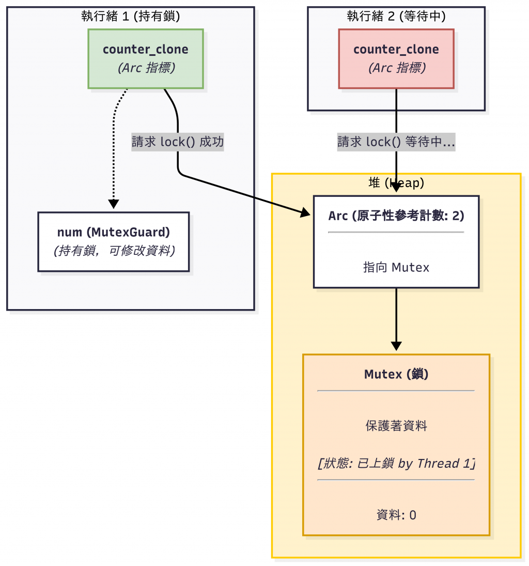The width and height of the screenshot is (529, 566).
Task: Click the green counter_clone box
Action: (146, 58)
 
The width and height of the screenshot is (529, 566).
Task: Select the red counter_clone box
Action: (396, 58)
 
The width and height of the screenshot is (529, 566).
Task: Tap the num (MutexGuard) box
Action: (114, 241)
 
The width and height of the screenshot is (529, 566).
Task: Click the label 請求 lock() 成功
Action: (178, 142)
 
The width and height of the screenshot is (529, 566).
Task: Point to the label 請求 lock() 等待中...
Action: (396, 142)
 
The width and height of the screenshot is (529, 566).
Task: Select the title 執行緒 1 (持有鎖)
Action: (131, 16)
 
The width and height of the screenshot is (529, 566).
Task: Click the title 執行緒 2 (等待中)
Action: (396, 16)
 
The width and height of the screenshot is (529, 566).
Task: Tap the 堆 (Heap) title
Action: (396, 182)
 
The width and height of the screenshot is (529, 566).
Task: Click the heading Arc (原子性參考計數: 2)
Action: (396, 216)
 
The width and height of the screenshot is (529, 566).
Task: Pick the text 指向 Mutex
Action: (396, 267)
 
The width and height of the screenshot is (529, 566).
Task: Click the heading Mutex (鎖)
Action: (396, 374)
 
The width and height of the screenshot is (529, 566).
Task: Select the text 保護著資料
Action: (396, 426)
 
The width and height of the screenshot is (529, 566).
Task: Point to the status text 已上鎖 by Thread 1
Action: (396, 463)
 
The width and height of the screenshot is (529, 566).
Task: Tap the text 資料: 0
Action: (396, 515)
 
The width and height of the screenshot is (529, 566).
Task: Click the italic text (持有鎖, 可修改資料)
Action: (114, 251)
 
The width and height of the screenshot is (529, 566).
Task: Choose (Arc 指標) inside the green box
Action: (146, 68)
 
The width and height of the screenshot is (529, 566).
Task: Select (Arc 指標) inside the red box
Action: (396, 68)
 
